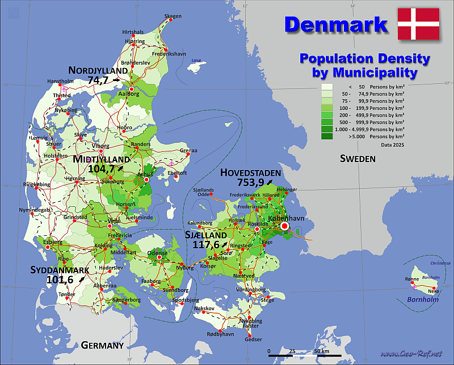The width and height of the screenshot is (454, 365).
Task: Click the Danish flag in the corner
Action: (x=418, y=24)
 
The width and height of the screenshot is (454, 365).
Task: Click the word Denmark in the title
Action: (x=335, y=24)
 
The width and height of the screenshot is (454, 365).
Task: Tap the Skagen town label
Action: (x=173, y=16)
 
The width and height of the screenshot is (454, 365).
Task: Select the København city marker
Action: (x=284, y=226)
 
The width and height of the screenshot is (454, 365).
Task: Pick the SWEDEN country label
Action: (x=358, y=159)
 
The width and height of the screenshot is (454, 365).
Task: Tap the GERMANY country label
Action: (x=102, y=345)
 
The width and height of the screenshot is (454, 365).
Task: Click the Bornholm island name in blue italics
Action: (x=423, y=299)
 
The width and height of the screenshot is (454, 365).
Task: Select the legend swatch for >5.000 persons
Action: (x=327, y=137)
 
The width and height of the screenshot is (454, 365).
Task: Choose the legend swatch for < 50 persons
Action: (x=327, y=87)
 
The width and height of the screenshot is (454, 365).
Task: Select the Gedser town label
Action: (x=253, y=339)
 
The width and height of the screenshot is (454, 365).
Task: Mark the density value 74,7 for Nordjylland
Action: (x=98, y=80)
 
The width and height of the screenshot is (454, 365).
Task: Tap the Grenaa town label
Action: (x=188, y=151)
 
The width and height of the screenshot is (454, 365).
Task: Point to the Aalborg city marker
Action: (x=132, y=89)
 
